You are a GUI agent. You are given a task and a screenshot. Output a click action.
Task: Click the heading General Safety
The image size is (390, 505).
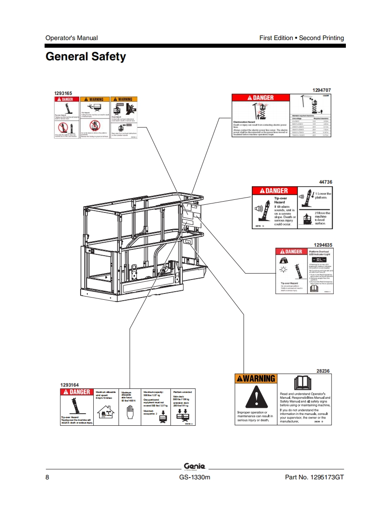pos(86,57)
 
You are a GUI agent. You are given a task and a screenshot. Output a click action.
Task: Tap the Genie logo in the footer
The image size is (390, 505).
pos(195,466)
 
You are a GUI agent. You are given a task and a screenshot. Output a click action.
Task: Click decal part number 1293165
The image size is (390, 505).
pos(63,93)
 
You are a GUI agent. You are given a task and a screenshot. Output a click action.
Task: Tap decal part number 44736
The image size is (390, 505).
pos(325,182)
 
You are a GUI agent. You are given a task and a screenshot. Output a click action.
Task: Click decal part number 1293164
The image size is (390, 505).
pos(69,385)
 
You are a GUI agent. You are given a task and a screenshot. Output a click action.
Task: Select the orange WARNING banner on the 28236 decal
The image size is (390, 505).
pos(255,379)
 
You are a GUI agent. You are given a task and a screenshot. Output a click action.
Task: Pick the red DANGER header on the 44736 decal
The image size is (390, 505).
pos(270,191)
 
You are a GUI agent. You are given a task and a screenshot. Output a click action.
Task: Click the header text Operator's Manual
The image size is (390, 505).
pos(72,38)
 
